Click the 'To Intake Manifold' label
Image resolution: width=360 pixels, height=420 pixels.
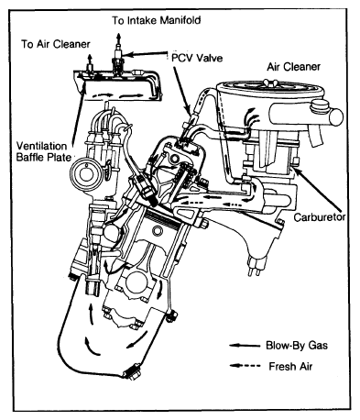[156, 20]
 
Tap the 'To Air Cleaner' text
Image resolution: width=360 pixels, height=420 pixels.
[56, 44]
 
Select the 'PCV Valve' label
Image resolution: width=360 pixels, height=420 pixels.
[197, 58]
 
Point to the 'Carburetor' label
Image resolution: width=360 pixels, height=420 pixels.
[320, 217]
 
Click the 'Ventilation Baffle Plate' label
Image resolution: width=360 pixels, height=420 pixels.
[42, 151]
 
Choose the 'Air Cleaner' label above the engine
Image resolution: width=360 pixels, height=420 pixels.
[294, 67]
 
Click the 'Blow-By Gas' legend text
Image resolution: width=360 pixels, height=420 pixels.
[297, 346]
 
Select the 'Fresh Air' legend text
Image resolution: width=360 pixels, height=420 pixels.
[290, 366]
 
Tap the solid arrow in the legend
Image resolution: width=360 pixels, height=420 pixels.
[245, 346]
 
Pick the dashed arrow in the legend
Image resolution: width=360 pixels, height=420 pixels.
[245, 366]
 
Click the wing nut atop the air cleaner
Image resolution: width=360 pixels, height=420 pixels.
[270, 83]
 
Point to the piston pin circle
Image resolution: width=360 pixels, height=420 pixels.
[158, 231]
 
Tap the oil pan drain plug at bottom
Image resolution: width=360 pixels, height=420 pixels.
[131, 372]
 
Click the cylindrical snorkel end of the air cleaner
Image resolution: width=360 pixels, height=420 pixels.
[335, 117]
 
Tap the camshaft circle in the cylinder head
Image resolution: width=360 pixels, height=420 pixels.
[175, 158]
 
